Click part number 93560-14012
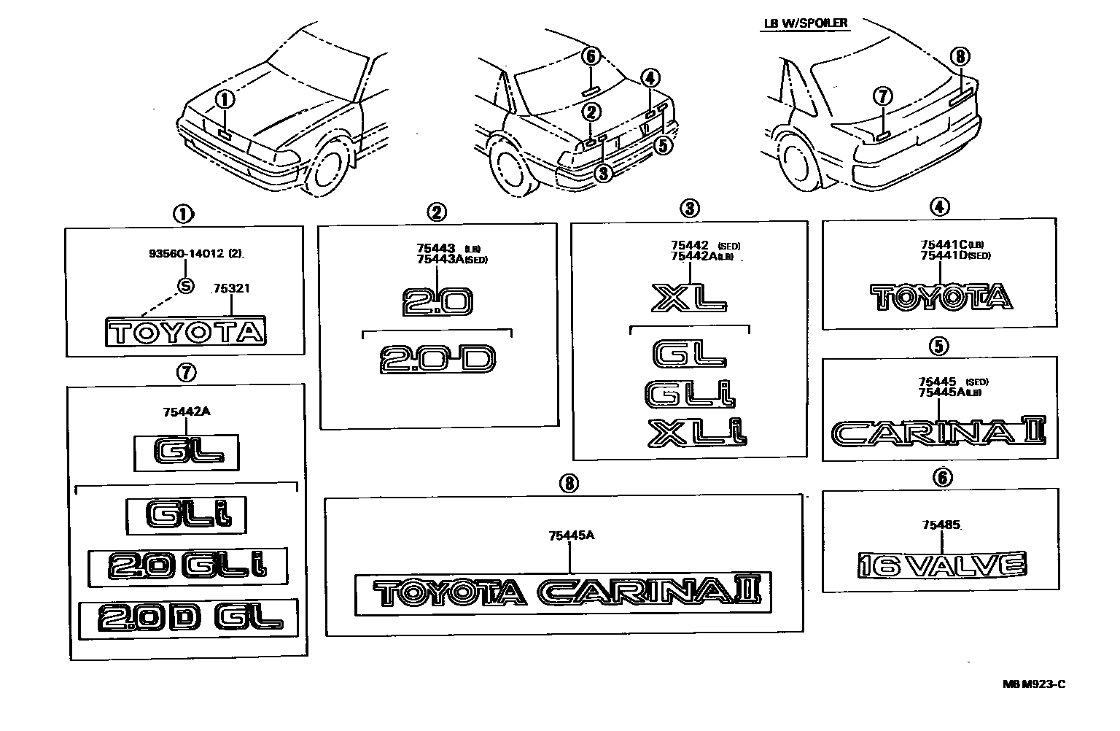(x=186, y=255)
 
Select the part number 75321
(x=231, y=289)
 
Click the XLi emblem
(x=696, y=432)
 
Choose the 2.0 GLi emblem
(x=187, y=567)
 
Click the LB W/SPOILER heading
(x=805, y=23)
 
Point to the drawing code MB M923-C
(x=1033, y=684)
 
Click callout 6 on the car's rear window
(x=591, y=56)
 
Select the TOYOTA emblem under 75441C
(x=941, y=296)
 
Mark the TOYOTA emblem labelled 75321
(x=186, y=333)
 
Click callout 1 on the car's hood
(x=225, y=99)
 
